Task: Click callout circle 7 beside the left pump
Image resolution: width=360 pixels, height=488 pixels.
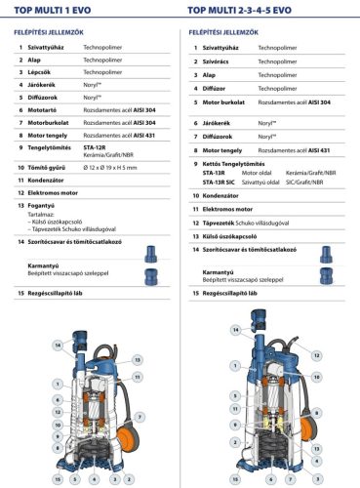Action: point(141,417)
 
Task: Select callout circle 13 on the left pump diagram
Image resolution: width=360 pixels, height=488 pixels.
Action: point(138,359)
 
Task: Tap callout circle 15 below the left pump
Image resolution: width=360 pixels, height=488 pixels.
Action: point(58,479)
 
